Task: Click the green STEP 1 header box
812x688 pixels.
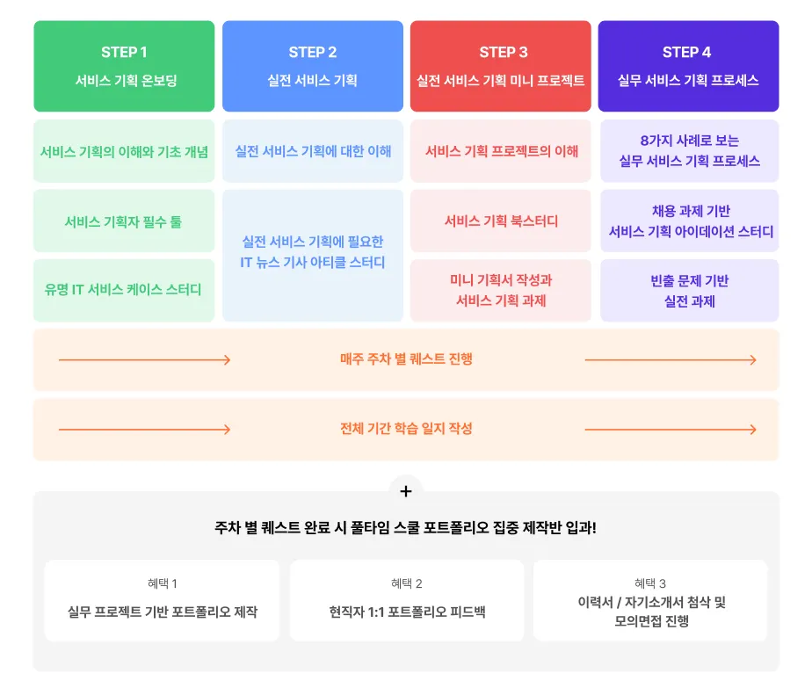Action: tap(124, 66)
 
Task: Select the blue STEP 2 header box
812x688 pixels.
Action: tap(312, 66)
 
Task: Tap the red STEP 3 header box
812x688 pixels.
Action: tap(500, 66)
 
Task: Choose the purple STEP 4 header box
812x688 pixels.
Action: tap(688, 66)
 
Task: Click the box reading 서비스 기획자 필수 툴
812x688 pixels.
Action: tap(124, 221)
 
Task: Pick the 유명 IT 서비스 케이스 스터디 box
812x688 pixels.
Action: tap(124, 289)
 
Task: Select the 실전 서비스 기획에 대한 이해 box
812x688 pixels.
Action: tap(312, 151)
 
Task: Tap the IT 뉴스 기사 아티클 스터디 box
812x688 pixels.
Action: tap(312, 255)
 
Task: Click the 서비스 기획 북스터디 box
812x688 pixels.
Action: tap(500, 221)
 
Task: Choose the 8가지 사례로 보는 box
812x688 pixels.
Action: tap(689, 151)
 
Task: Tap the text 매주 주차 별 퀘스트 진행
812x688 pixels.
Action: tap(406, 359)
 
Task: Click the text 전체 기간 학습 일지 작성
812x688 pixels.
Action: tap(406, 429)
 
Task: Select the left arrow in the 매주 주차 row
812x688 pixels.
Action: tap(144, 359)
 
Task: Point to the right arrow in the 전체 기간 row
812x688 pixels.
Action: tap(670, 429)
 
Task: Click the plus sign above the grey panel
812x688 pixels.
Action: tap(405, 491)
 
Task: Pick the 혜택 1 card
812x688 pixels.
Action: tap(163, 601)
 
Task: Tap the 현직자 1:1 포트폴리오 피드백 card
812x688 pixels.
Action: tap(407, 601)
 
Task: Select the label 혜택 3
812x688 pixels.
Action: tap(650, 583)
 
